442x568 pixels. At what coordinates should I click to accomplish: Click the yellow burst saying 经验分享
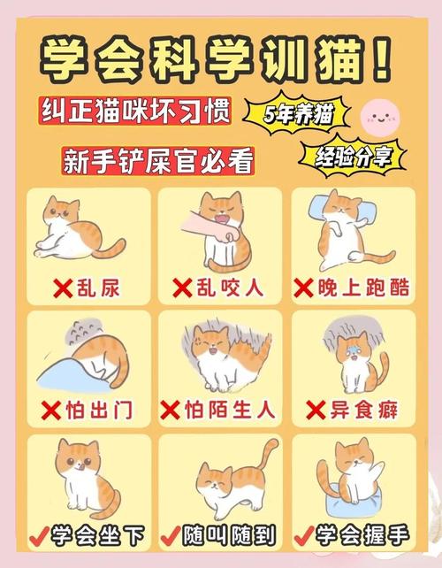click(x=352, y=157)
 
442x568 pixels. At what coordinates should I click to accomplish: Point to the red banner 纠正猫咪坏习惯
click(x=135, y=110)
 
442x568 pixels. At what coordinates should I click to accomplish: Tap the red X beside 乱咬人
click(x=182, y=287)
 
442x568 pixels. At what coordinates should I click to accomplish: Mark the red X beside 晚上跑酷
click(x=303, y=287)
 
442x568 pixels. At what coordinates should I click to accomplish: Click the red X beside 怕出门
click(x=50, y=411)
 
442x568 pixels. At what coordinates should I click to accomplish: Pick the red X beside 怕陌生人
click(x=171, y=411)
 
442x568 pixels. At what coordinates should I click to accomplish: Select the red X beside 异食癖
click(x=316, y=410)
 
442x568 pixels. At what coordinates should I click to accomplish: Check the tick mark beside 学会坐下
click(x=37, y=535)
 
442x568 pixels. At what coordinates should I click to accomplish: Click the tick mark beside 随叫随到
click(x=171, y=535)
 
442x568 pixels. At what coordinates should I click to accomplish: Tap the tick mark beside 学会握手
click(x=303, y=535)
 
